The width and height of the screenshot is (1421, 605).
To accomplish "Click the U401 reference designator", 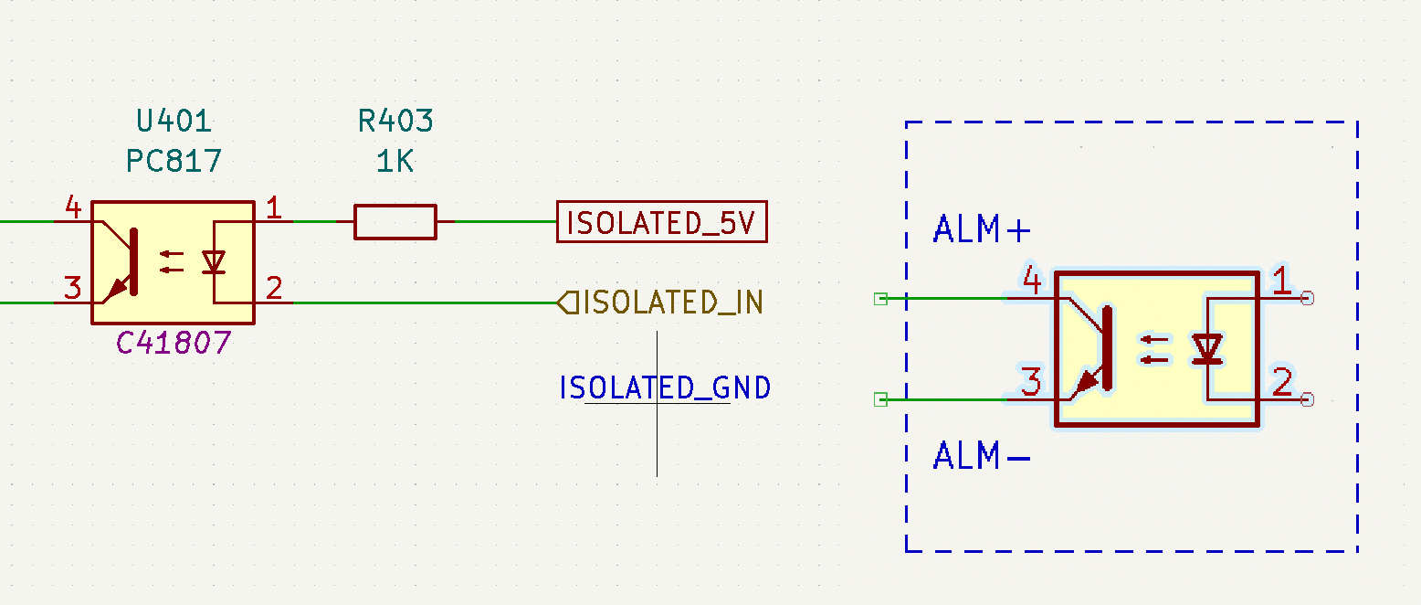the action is pos(174,121).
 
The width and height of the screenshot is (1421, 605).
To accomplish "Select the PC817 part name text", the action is pos(174,161).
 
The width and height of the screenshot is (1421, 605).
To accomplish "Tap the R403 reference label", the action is pos(395,121).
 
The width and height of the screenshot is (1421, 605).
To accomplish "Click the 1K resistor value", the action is pos(395,161).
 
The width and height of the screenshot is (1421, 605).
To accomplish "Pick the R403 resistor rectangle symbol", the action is pos(395,221).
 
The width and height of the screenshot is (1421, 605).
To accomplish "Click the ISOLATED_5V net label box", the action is pos(662,221).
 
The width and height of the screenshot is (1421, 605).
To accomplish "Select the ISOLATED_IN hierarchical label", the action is pos(660,302).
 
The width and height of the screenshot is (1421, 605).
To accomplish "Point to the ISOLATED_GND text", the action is pos(665,387).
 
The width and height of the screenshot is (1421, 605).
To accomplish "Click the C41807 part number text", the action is pos(174,344).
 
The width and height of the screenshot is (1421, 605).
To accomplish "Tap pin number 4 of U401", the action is pos(74,207).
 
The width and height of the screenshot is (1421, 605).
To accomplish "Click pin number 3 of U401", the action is pos(73,288).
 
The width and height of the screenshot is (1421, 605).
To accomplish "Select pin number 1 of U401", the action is pos(273,207).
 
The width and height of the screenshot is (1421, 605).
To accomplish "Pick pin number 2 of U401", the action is pos(273,288).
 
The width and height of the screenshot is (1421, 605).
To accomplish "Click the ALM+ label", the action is pos(982,228).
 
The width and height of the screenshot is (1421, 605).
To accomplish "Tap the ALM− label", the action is pos(982,455).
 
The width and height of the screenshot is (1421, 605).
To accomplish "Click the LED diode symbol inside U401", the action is pos(214,261).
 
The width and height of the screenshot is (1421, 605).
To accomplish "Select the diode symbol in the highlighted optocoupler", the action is pos(1207,349).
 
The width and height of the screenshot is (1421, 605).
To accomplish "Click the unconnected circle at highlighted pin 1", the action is pos(1308,298).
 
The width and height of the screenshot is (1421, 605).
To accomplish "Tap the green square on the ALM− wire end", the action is pos(880,399).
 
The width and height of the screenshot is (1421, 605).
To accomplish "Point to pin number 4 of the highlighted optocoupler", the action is pos(1032,280).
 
